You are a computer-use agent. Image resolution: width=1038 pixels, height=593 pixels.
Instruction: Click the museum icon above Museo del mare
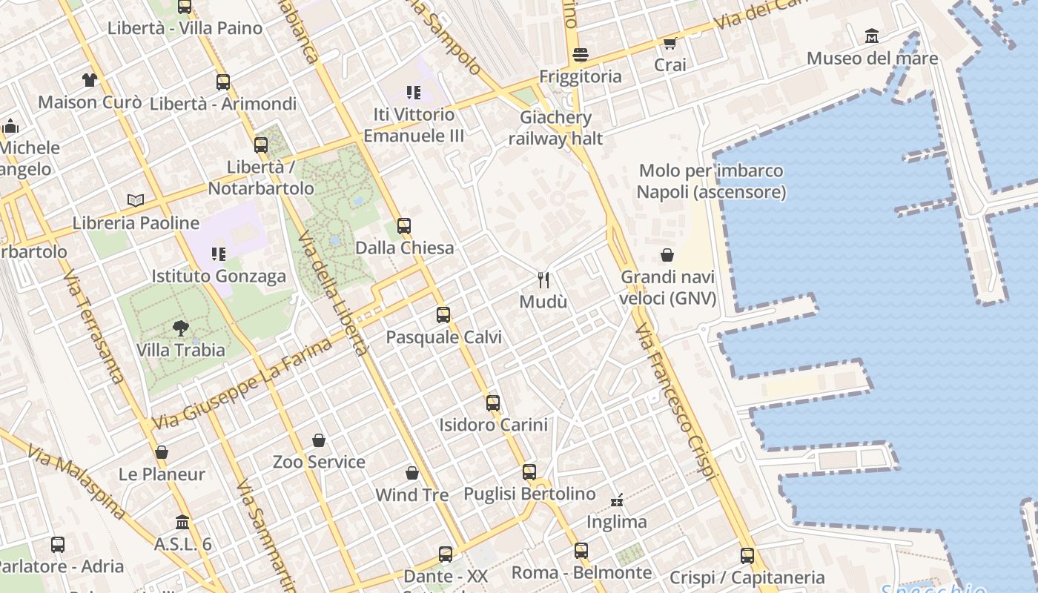[x=872, y=36]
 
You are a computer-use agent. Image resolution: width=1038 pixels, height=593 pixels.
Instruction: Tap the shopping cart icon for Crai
[x=670, y=43]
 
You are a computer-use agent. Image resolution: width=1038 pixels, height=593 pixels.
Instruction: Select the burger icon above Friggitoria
[x=581, y=54]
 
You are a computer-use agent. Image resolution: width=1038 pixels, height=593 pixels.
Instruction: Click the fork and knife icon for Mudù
[x=543, y=279]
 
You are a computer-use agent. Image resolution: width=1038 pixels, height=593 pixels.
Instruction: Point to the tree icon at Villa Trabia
[x=180, y=328]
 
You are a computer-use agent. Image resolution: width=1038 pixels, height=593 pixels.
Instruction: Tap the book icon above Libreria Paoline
[x=136, y=200]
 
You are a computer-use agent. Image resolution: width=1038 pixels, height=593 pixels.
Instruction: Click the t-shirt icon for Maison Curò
[x=90, y=79]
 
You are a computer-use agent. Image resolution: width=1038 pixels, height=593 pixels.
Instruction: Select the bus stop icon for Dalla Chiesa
[x=404, y=225]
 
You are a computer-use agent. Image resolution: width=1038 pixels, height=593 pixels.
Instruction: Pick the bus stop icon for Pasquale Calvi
[x=443, y=315]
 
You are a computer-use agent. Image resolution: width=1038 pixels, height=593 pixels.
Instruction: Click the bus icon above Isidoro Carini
[x=493, y=402]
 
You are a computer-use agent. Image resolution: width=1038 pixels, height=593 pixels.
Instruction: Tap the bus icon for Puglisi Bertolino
[x=529, y=471]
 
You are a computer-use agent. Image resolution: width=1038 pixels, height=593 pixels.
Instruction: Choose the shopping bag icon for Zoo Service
[x=319, y=440]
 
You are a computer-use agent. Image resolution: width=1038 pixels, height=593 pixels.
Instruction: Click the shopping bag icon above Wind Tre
[x=412, y=472]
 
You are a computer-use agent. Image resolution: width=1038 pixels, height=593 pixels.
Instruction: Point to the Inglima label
[x=617, y=522]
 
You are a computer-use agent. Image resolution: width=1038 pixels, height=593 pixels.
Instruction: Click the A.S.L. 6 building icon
[x=182, y=522]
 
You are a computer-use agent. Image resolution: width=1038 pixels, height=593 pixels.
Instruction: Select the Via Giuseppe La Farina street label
[x=242, y=384]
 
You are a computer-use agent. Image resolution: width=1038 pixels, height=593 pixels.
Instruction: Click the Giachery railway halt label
[x=555, y=127]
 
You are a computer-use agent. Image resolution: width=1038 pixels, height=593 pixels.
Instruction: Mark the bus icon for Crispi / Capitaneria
[x=747, y=555]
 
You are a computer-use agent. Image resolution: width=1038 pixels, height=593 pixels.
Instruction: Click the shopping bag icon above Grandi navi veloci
[x=667, y=255]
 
